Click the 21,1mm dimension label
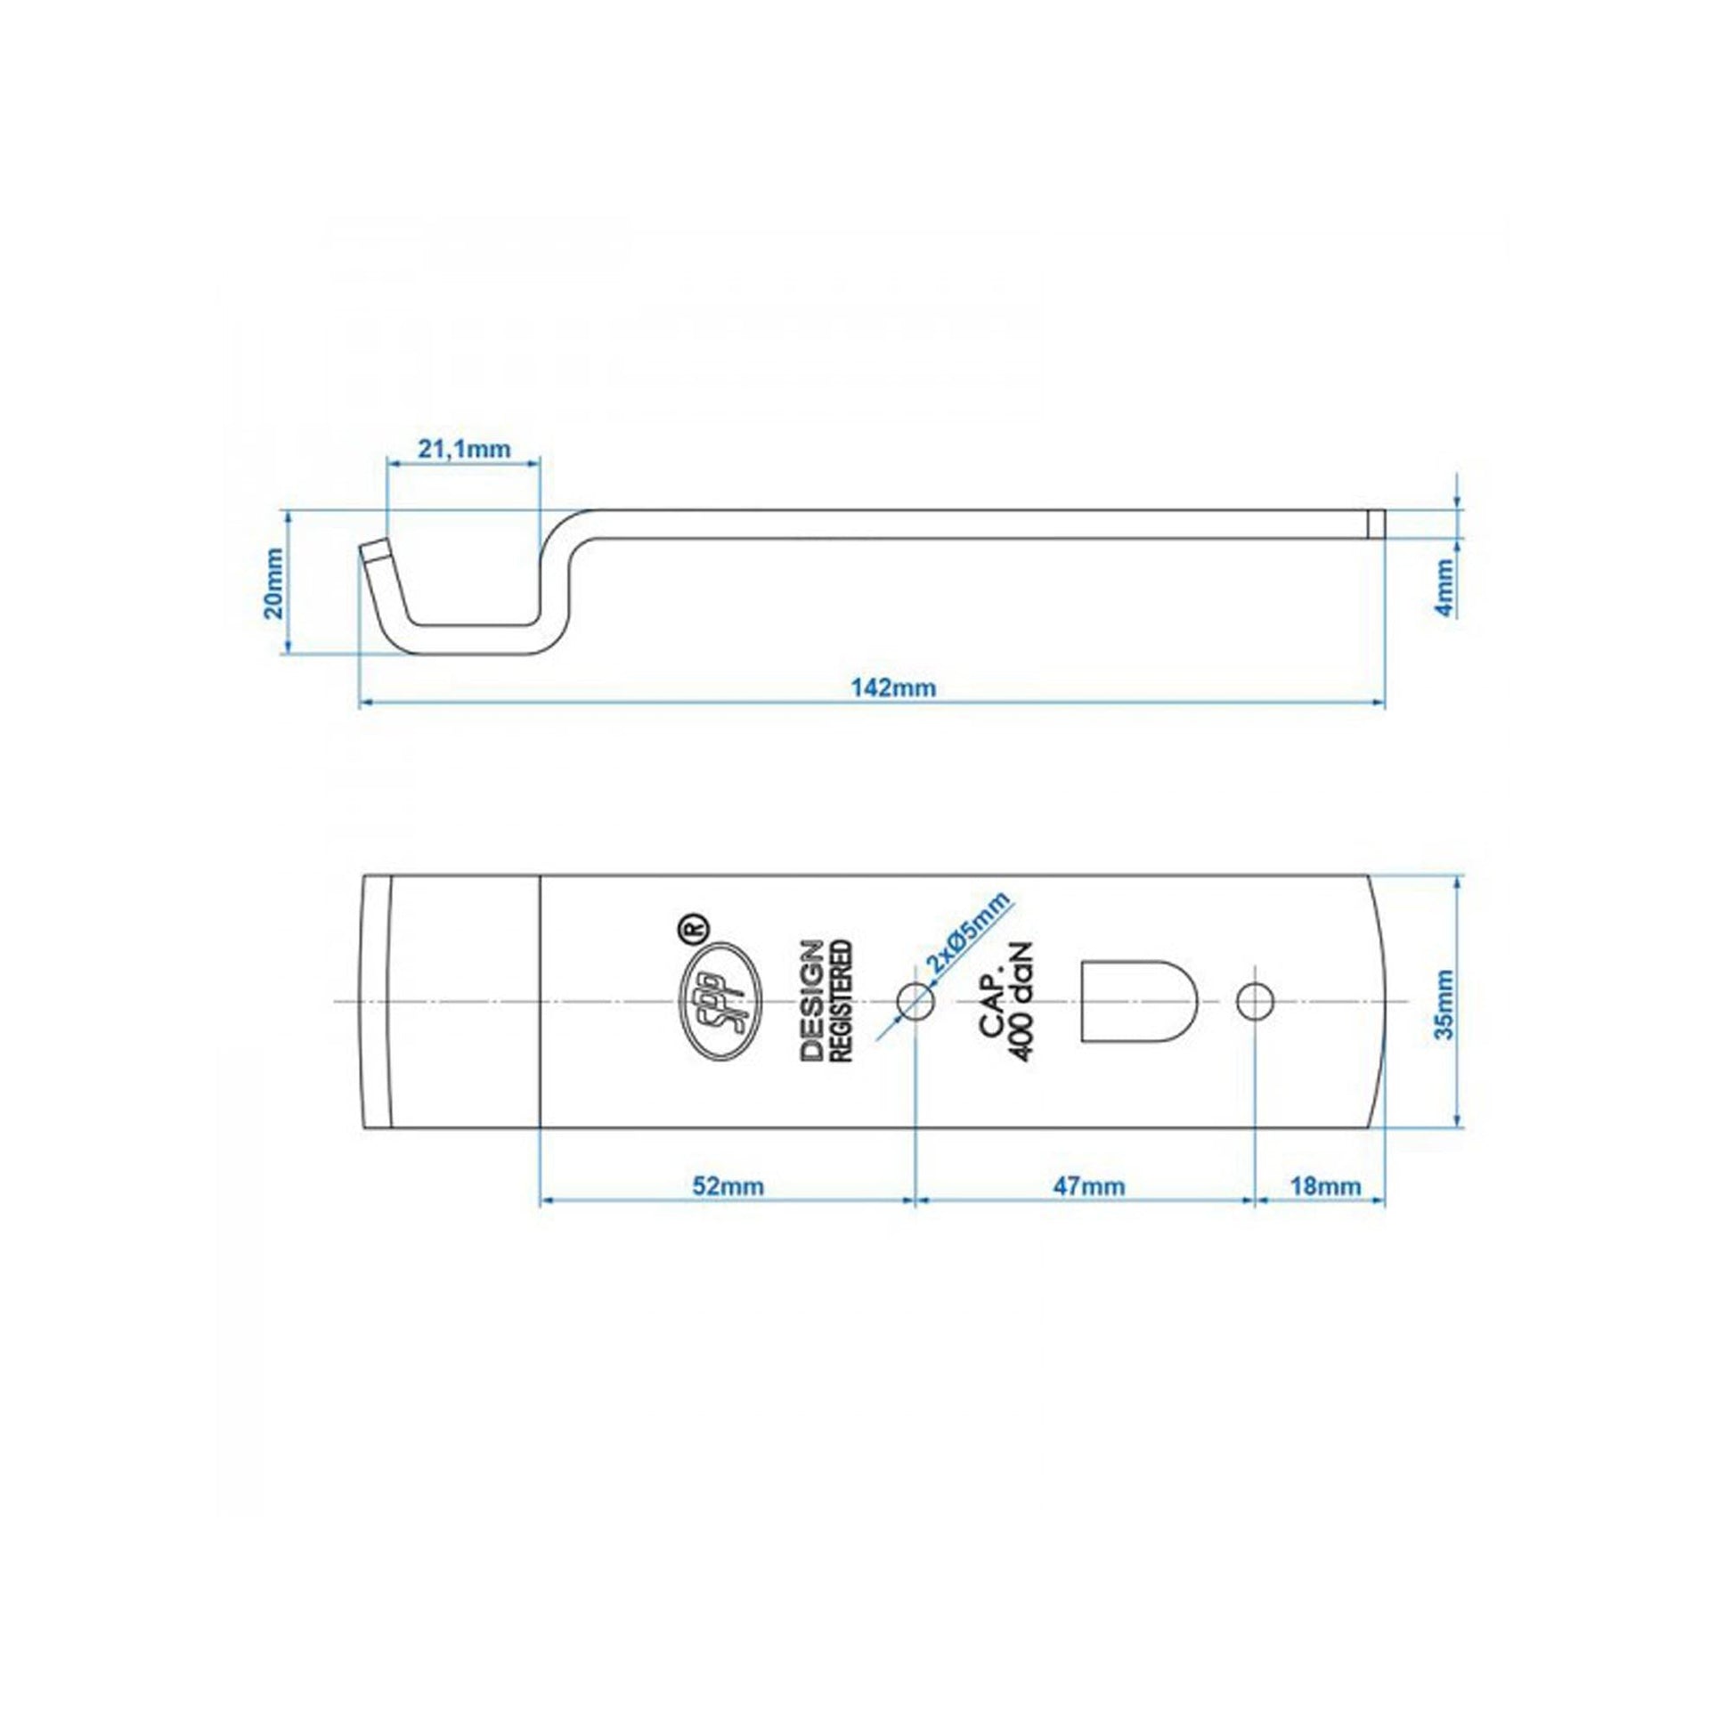coord(464,448)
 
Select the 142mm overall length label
coord(880,688)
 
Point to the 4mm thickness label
coord(1444,587)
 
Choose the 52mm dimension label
coord(728,1186)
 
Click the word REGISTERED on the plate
coord(843,1001)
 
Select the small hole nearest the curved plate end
coord(1255,1001)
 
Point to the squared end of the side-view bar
coord(1376,524)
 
